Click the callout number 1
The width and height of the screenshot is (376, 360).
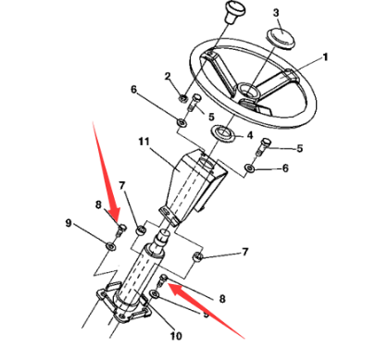tap(325, 57)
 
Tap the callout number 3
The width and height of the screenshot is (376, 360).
tap(276, 13)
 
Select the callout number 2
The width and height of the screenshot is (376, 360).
tap(168, 76)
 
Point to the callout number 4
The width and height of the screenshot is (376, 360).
tap(250, 135)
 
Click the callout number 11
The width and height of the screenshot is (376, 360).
tap(144, 142)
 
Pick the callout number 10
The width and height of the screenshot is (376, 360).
tap(176, 336)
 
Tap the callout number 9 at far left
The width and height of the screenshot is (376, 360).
tap(69, 223)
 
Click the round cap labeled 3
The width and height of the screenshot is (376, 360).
tap(281, 38)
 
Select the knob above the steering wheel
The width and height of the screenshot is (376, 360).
tap(235, 11)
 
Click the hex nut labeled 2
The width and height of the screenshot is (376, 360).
tap(182, 98)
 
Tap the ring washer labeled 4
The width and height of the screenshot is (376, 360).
tap(223, 132)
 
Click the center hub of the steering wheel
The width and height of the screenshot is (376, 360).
tap(247, 91)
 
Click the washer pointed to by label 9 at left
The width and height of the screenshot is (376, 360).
tap(110, 246)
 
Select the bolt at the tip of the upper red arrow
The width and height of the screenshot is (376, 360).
tap(120, 230)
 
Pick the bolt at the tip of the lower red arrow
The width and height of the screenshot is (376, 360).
tap(162, 280)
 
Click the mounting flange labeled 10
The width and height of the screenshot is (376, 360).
tap(123, 304)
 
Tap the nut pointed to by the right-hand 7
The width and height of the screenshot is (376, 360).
tap(198, 256)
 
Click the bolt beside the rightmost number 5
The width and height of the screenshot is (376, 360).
tap(263, 147)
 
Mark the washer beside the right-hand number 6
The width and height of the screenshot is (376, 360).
tap(250, 168)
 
